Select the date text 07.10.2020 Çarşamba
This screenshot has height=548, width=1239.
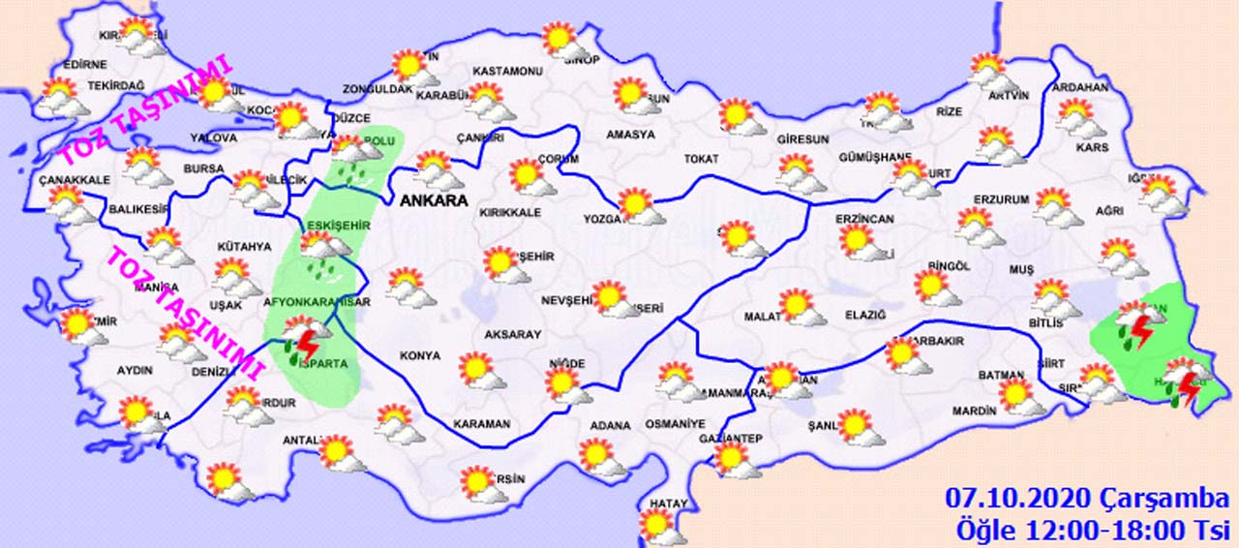(1086, 499)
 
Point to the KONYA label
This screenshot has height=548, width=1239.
(419, 356)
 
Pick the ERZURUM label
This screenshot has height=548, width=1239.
(1001, 200)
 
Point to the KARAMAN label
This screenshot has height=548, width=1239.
(481, 424)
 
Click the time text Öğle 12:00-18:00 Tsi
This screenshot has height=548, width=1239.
(1091, 530)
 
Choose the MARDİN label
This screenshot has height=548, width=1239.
(974, 411)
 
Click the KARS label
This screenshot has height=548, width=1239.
(1092, 147)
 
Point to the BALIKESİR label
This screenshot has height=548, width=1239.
(133, 209)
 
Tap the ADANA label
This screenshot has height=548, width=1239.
(610, 425)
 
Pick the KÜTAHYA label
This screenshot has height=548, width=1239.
(244, 247)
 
